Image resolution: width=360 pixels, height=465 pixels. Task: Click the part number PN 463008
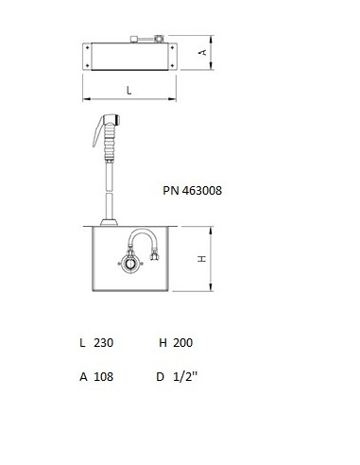click(192, 190)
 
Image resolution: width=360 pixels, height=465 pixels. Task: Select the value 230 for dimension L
click(103, 342)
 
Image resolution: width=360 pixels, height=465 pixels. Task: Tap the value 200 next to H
click(182, 342)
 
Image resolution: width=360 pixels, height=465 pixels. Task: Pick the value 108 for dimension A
click(103, 376)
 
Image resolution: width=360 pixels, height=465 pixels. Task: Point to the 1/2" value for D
click(185, 376)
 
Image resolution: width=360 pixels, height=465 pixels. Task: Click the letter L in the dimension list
click(82, 342)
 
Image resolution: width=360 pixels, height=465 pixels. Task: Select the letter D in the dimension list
click(160, 376)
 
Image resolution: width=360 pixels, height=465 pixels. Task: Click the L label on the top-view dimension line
click(129, 91)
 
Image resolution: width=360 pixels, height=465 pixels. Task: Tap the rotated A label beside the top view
click(203, 52)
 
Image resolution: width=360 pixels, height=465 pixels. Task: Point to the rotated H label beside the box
click(202, 259)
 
